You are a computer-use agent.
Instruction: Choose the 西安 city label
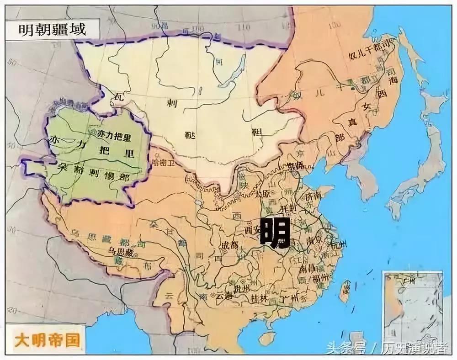click(x=253, y=228)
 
